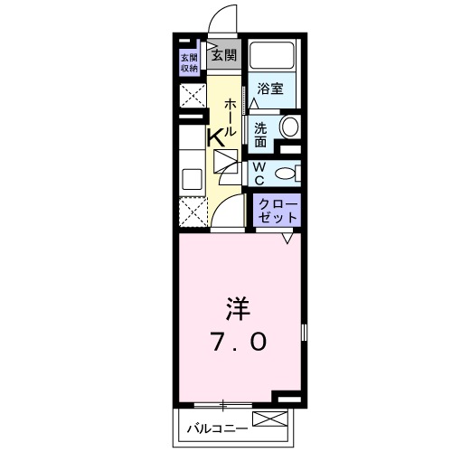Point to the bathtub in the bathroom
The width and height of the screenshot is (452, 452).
coord(274,58)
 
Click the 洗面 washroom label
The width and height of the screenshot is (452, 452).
coord(260,134)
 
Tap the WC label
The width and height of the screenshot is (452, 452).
coord(258,172)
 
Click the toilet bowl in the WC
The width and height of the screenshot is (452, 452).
coord(284,173)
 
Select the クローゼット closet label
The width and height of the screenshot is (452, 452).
coord(275,211)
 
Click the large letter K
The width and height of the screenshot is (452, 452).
coord(217,138)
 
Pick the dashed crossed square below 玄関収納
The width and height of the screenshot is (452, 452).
coord(192,96)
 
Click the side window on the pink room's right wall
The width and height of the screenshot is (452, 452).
coord(305,333)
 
